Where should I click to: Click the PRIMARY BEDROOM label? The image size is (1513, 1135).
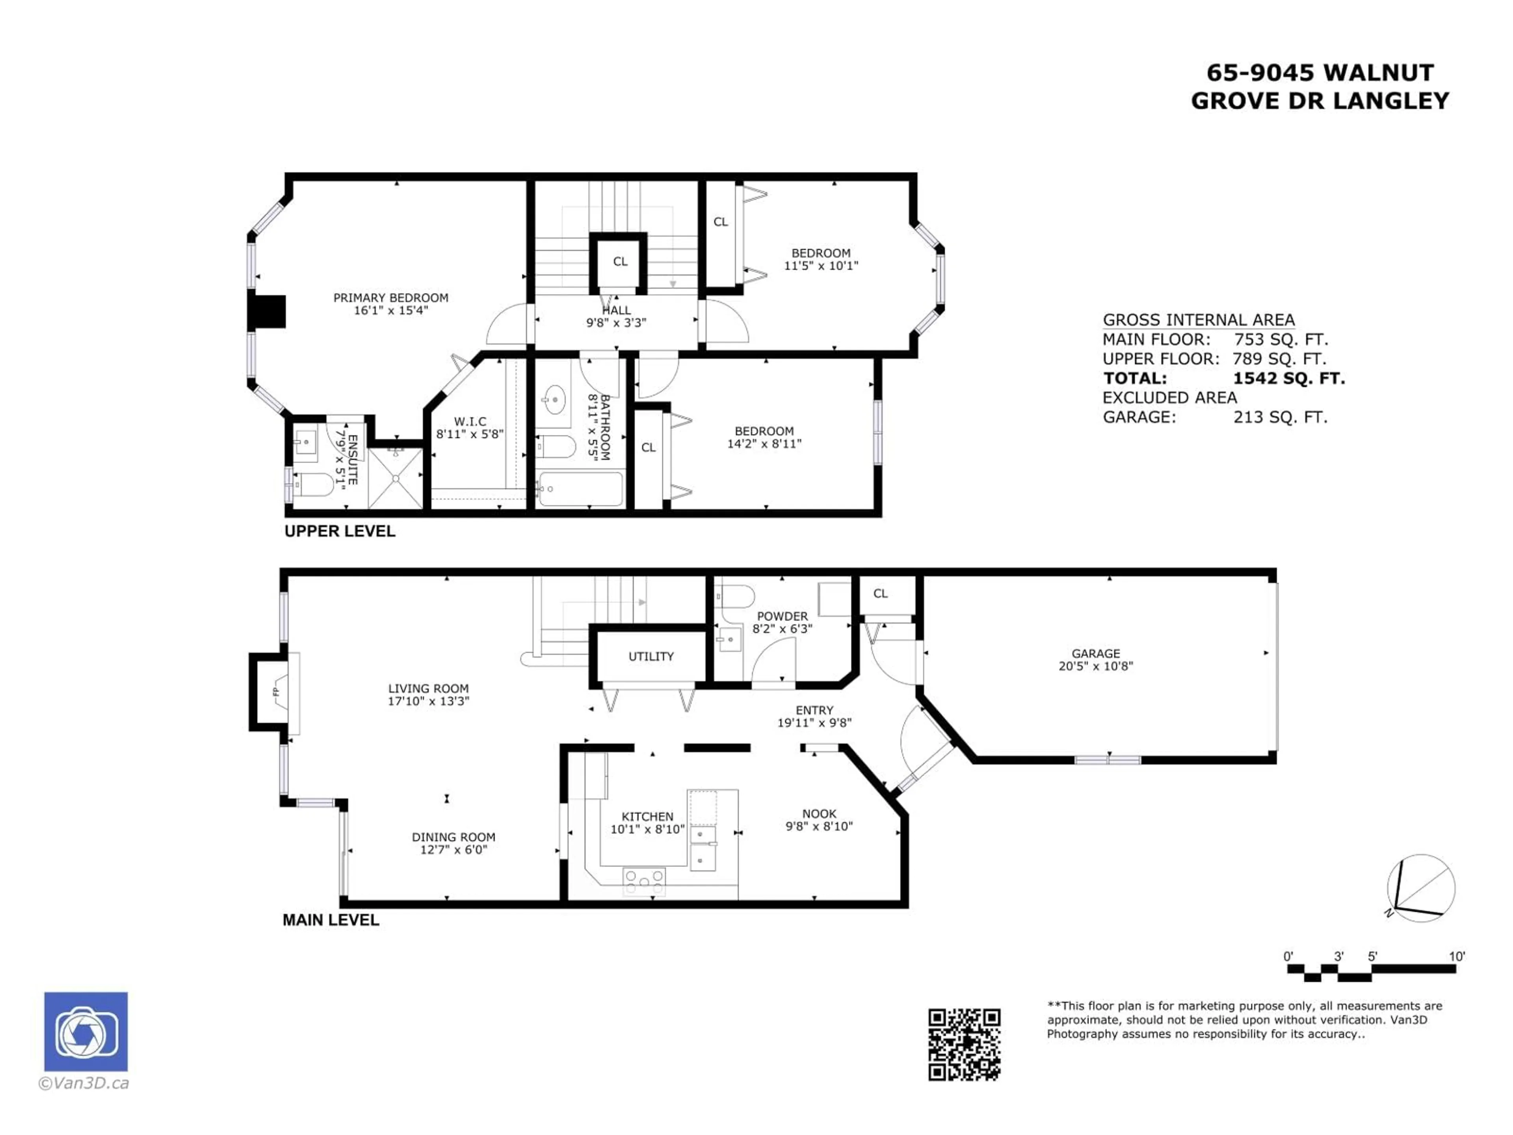(390, 298)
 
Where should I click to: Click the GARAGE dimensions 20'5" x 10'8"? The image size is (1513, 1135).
(1096, 666)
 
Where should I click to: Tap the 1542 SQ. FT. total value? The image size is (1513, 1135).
(1289, 378)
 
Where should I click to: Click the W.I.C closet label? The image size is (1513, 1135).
(470, 421)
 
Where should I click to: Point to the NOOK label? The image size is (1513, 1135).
(819, 813)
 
